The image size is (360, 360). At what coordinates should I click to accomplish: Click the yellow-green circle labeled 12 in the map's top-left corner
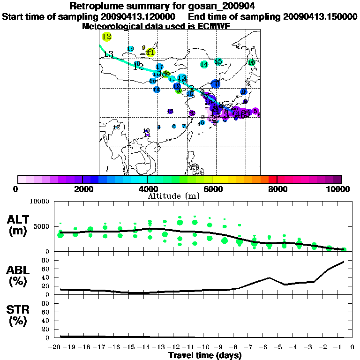(106, 37)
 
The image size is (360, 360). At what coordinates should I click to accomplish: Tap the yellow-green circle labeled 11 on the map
(150, 52)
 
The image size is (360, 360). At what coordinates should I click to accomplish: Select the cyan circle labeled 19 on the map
(130, 49)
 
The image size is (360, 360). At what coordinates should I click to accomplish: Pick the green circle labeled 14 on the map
(204, 64)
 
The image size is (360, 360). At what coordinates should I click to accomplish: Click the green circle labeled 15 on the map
(218, 61)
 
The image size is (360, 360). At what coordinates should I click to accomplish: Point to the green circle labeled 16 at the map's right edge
(251, 62)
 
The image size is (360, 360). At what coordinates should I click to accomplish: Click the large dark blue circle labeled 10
(215, 83)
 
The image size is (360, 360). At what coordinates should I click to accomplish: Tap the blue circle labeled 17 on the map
(159, 67)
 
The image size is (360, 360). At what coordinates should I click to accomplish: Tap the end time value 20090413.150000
(320, 16)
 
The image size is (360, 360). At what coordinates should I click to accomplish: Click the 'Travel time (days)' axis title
(205, 356)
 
